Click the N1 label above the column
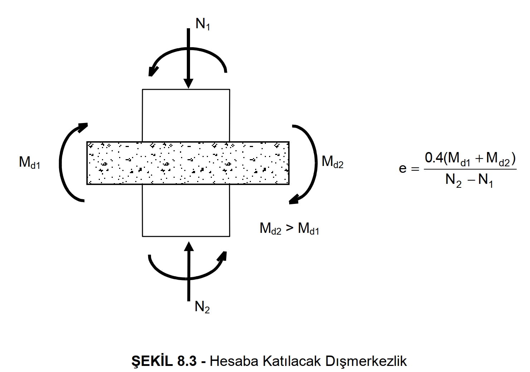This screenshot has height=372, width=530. [203, 24]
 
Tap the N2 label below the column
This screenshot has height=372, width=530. [202, 307]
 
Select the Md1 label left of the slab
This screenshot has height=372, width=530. [29, 162]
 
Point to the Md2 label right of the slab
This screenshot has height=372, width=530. [332, 162]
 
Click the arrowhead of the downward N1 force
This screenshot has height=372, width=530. [188, 84]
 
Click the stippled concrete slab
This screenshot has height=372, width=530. [188, 163]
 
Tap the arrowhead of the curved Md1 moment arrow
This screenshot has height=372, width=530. [83, 127]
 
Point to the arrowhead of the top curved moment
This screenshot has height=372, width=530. [153, 71]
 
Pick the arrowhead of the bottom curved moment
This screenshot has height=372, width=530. [223, 256]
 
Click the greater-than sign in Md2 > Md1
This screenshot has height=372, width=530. [290, 227]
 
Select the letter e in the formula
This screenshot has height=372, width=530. [403, 168]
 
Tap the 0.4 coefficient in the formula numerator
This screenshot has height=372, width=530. [434, 157]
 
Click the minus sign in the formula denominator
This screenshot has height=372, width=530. [471, 180]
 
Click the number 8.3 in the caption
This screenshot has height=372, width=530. [187, 361]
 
